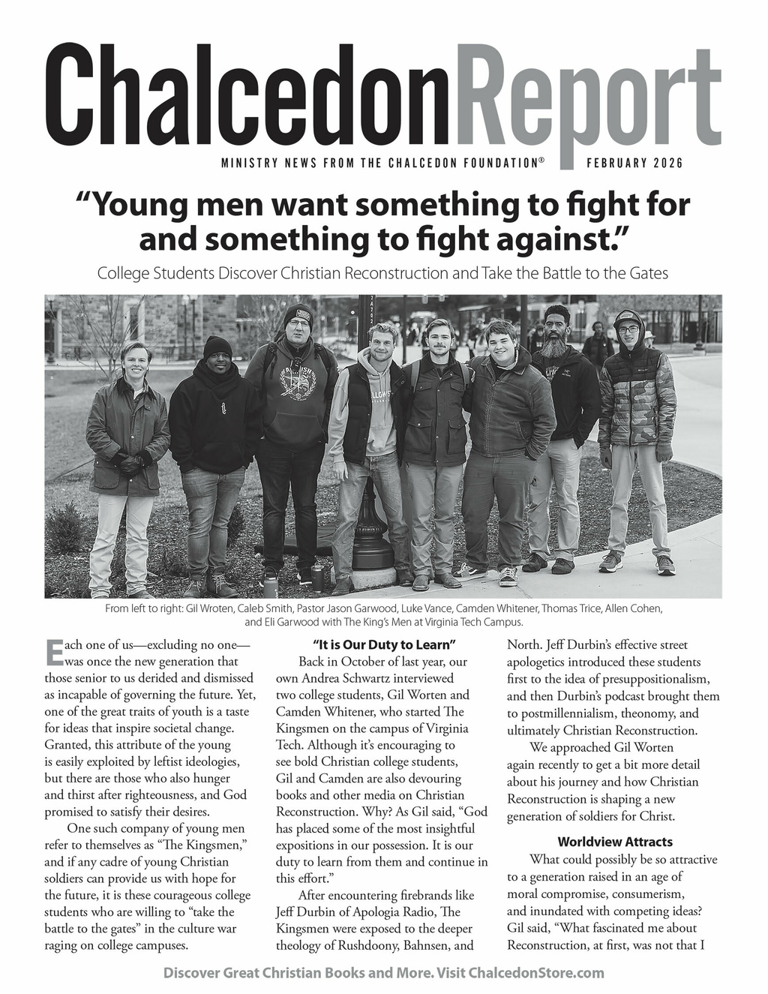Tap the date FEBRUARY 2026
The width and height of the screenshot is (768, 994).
pyautogui.click(x=634, y=164)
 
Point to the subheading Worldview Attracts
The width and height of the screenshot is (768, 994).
pyautogui.click(x=615, y=842)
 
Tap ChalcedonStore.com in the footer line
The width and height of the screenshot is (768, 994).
pyautogui.click(x=535, y=973)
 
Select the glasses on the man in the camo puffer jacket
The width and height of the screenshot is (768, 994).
pyautogui.click(x=628, y=329)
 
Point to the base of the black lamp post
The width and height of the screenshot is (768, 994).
pyautogui.click(x=372, y=555)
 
